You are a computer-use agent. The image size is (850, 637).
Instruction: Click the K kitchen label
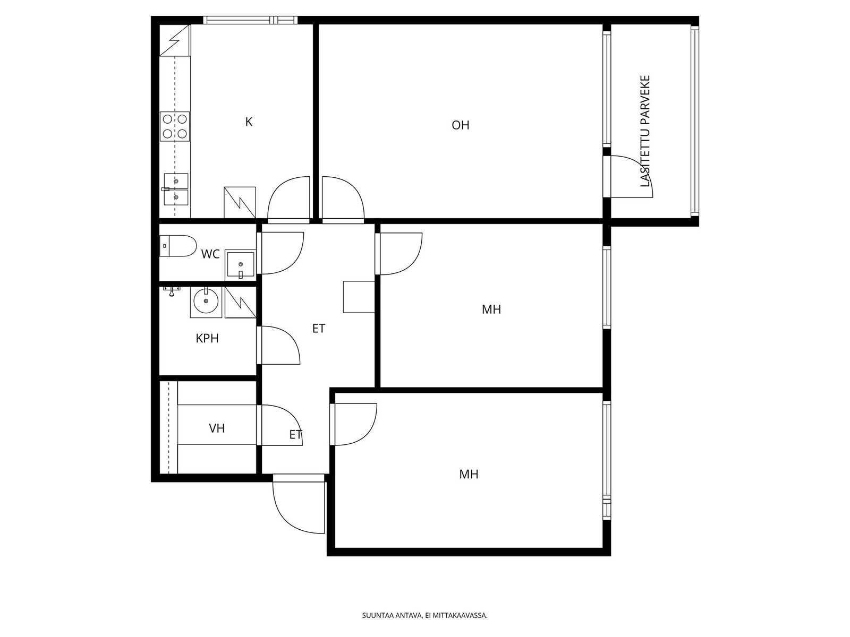tap(249, 122)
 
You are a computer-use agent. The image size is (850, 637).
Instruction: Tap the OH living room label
tap(460, 125)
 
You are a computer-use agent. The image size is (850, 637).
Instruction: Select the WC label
tap(210, 254)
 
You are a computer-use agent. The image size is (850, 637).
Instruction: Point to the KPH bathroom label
tap(207, 339)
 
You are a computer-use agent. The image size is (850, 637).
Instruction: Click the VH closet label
tap(217, 428)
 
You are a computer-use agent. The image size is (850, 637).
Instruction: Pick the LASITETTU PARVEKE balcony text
tap(645, 131)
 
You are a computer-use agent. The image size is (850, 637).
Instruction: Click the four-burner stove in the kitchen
tap(175, 126)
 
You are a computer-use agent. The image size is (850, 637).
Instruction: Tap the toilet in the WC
tap(178, 246)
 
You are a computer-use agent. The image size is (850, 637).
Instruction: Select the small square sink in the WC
tap(241, 265)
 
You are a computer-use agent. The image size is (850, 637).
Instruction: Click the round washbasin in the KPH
tap(206, 302)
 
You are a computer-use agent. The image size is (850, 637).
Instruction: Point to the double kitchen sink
tap(176, 189)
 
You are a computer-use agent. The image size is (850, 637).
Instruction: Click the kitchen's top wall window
tap(251, 20)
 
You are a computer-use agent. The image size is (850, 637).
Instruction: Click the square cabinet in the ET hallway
tap(359, 297)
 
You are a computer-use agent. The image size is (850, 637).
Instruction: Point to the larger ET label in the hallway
tap(319, 329)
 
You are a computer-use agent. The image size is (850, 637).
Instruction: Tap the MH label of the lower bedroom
tap(469, 474)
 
